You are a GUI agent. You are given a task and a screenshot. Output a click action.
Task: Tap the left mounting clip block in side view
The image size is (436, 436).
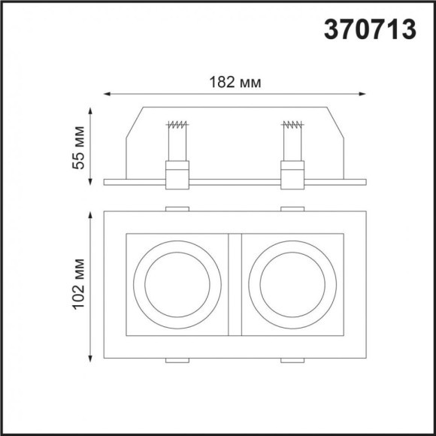[177, 175]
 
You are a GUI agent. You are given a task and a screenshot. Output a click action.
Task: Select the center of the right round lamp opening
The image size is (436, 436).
[292, 285]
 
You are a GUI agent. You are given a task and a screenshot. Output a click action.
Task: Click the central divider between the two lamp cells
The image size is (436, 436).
[235, 285]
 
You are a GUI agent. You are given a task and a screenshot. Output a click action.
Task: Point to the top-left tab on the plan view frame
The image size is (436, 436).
[177, 208]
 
